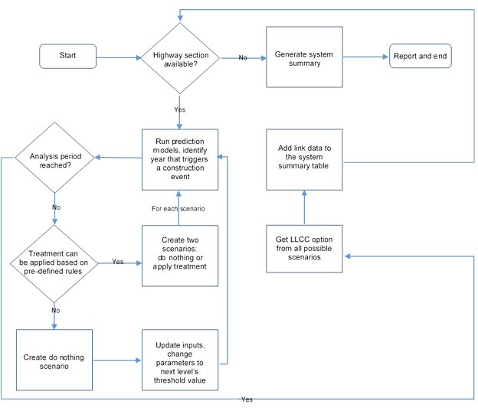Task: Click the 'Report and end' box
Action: point(421,57)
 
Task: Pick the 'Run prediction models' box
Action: point(180,159)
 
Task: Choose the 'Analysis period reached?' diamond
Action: point(55,158)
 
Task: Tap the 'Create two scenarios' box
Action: point(180,255)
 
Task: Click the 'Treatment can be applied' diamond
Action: point(55,263)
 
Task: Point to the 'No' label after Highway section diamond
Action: point(242,57)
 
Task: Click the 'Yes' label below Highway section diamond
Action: point(180,109)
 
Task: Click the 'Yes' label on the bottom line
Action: point(247,400)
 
